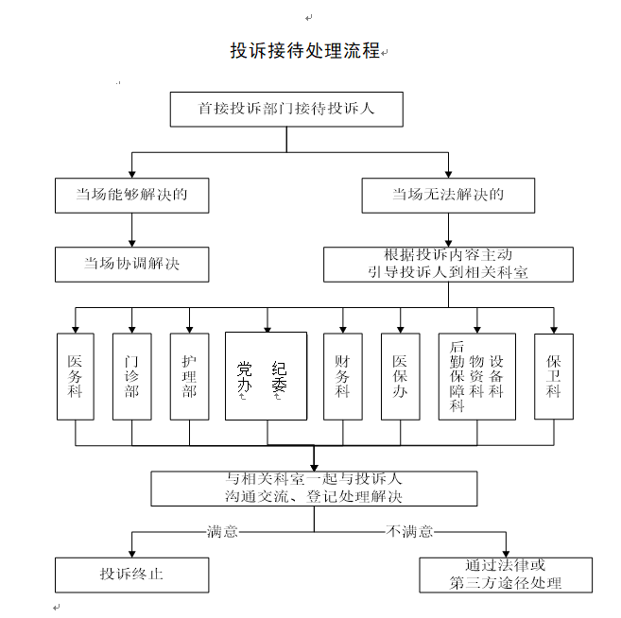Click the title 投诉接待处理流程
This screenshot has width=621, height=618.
pos(304,51)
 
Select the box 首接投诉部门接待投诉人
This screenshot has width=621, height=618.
pos(286,109)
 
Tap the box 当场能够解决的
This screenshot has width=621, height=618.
pos(131,196)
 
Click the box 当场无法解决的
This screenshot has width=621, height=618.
pos(448,196)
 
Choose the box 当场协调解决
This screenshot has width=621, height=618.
pos(131,265)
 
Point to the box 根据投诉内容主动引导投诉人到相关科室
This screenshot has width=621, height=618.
pos(448,265)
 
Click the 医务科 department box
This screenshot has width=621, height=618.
pos(76,376)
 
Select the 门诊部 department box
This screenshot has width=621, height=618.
pos(131,376)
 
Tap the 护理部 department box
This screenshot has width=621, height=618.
pos(189,376)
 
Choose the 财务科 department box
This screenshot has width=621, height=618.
pos(342,376)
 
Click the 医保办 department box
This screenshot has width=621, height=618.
pos(400,376)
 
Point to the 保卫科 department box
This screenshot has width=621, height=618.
pos(554,376)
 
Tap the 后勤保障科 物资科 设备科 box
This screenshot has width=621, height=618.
pos(477,376)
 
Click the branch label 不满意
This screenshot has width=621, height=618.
pos(409,532)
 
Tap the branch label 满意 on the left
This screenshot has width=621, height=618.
pos(223,532)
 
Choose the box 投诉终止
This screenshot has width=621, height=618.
pos(131,575)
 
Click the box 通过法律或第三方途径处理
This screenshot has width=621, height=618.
pos(506,575)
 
